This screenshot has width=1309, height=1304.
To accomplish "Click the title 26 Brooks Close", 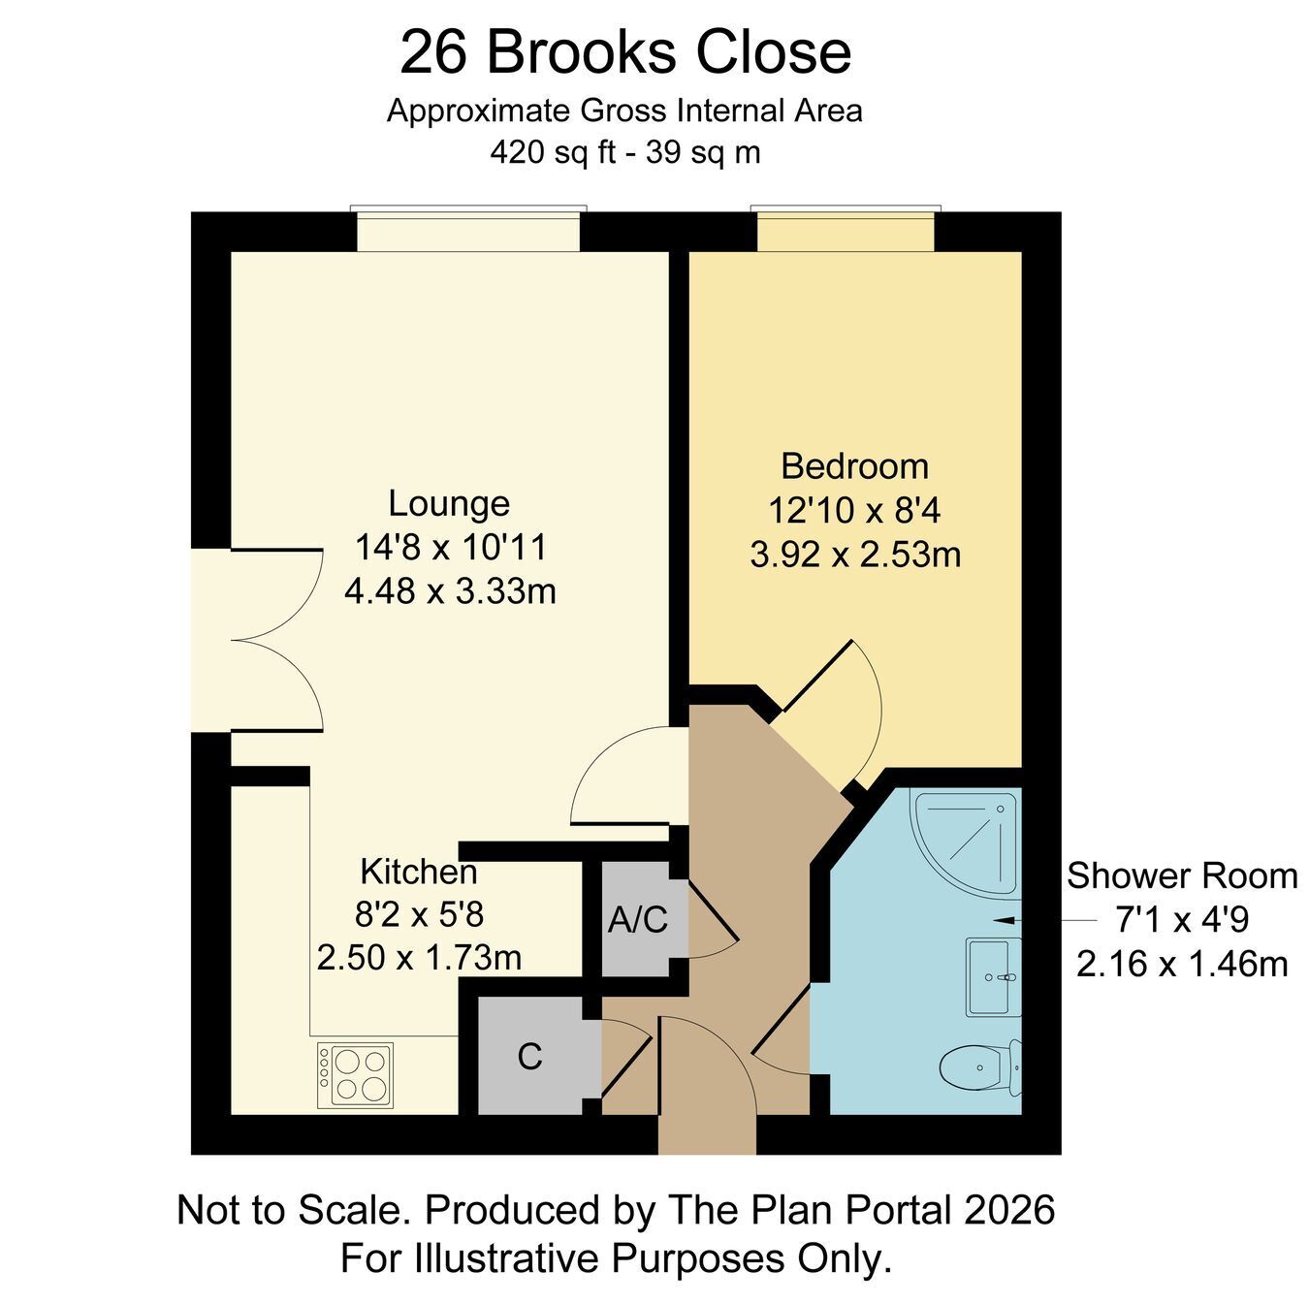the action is pyautogui.click(x=625, y=53).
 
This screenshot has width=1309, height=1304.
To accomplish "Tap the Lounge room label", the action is pyautogui.click(x=449, y=503).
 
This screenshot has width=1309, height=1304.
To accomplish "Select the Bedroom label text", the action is pyautogui.click(x=854, y=466).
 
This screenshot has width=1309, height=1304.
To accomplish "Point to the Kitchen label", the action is pyautogui.click(x=419, y=872).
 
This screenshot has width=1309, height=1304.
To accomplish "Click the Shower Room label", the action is pyautogui.click(x=1182, y=875).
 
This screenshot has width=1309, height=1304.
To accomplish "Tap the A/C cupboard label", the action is pyautogui.click(x=637, y=920).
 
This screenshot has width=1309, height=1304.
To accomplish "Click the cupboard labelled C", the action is pyautogui.click(x=529, y=1056).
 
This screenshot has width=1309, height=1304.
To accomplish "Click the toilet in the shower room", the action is pyautogui.click(x=979, y=1066).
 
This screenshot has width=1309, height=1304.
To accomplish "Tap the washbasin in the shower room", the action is pyautogui.click(x=994, y=978).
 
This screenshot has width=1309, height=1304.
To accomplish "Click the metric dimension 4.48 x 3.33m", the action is pyautogui.click(x=450, y=590).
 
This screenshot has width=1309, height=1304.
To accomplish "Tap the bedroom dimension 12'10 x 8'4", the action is pyautogui.click(x=854, y=510).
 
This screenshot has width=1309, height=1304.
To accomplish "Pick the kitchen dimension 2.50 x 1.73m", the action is pyautogui.click(x=419, y=958).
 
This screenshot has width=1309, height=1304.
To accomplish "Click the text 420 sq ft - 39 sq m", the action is pyautogui.click(x=625, y=152).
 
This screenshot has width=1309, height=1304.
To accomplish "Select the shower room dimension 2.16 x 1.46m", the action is pyautogui.click(x=1182, y=965).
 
